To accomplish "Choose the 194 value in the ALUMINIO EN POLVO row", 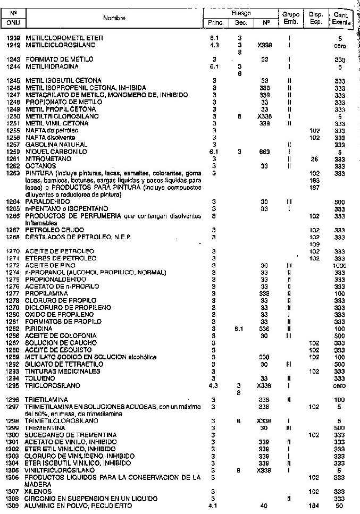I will click(315, 505).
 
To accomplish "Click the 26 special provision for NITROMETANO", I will click(315, 158).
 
